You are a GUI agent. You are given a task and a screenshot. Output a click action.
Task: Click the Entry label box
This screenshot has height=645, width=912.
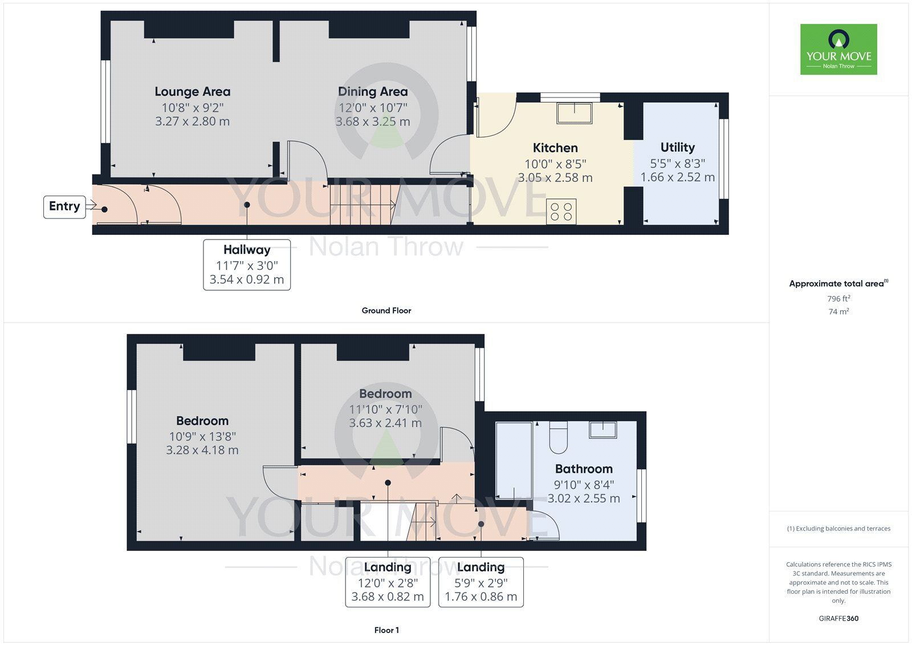tap(64, 206)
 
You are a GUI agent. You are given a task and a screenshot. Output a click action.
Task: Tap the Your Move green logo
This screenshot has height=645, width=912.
tap(838, 49)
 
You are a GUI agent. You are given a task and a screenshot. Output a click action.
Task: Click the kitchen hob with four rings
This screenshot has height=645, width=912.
tap(561, 211)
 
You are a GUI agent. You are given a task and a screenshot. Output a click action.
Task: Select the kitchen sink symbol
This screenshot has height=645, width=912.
tap(575, 113)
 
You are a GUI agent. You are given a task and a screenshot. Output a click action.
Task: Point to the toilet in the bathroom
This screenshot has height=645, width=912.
tap(558, 437)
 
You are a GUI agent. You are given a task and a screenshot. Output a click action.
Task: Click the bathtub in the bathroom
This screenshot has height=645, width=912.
tap(514, 461)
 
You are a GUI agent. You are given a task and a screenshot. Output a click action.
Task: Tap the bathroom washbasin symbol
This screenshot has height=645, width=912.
tap(602, 429)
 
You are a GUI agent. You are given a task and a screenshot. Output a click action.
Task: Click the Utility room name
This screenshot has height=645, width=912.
tap(677, 148)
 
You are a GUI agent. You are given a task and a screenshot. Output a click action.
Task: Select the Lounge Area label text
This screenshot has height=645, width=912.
tap(193, 92)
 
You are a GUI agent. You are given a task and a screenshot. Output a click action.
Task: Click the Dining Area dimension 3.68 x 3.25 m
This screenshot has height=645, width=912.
tap(373, 121)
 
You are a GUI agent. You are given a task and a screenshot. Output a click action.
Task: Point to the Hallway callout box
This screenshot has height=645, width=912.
tap(247, 265)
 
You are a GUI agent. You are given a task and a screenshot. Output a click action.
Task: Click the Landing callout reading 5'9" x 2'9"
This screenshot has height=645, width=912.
tap(481, 582)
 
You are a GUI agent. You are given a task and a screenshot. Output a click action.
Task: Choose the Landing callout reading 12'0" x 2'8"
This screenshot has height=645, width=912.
tap(388, 582)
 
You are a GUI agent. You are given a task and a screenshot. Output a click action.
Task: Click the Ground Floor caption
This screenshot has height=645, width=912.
tap(386, 311)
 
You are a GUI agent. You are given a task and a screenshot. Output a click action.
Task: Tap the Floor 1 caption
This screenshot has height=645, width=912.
tap(386, 630)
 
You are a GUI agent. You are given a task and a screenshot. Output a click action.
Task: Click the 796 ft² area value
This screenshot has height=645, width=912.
tap(838, 299)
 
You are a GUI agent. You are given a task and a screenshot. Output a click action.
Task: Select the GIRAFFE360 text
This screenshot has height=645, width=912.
tap(838, 618)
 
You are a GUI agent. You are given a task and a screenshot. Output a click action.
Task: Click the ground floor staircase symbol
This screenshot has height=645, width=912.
tap(363, 205)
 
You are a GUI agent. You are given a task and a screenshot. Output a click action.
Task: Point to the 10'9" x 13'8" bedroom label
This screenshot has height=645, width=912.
tap(202, 436)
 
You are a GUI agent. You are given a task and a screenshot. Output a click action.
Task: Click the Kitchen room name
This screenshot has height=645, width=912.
tap(555, 148)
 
